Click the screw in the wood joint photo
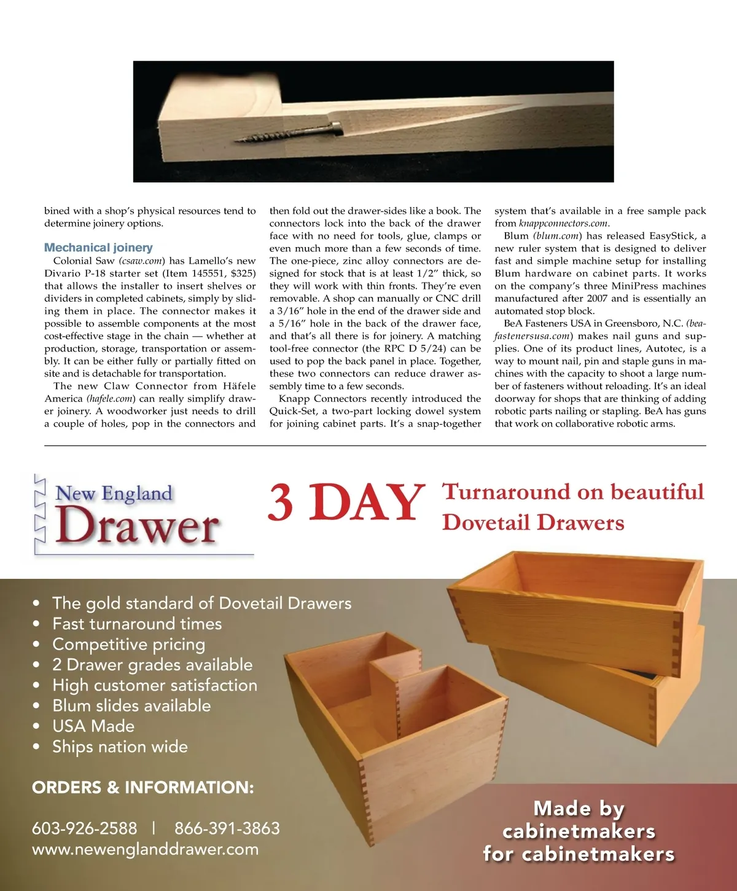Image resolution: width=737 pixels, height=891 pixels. tap(289, 132)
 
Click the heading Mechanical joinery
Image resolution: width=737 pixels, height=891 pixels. tap(98, 248)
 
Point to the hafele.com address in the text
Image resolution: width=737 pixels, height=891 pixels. tap(111, 399)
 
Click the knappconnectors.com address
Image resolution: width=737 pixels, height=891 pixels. tap(564, 224)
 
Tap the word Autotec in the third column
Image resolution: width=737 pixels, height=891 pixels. tap(666, 348)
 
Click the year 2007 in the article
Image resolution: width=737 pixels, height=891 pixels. tap(597, 299)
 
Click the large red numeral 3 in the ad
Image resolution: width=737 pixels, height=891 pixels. tap(281, 503)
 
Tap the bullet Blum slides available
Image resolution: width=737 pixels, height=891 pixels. tap(131, 705)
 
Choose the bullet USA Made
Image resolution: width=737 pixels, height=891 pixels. tap(93, 726)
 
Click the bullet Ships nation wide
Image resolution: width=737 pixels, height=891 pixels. tap(120, 747)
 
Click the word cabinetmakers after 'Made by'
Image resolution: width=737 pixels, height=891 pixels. tap(579, 831)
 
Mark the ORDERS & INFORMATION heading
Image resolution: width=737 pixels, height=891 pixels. tap(142, 788)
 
